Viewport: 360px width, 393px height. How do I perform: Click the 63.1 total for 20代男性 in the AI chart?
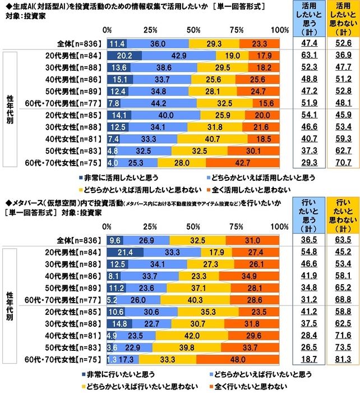click(311, 56)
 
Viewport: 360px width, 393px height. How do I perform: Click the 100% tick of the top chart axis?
click(279, 29)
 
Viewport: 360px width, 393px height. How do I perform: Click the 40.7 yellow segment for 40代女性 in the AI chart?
click(199, 139)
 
